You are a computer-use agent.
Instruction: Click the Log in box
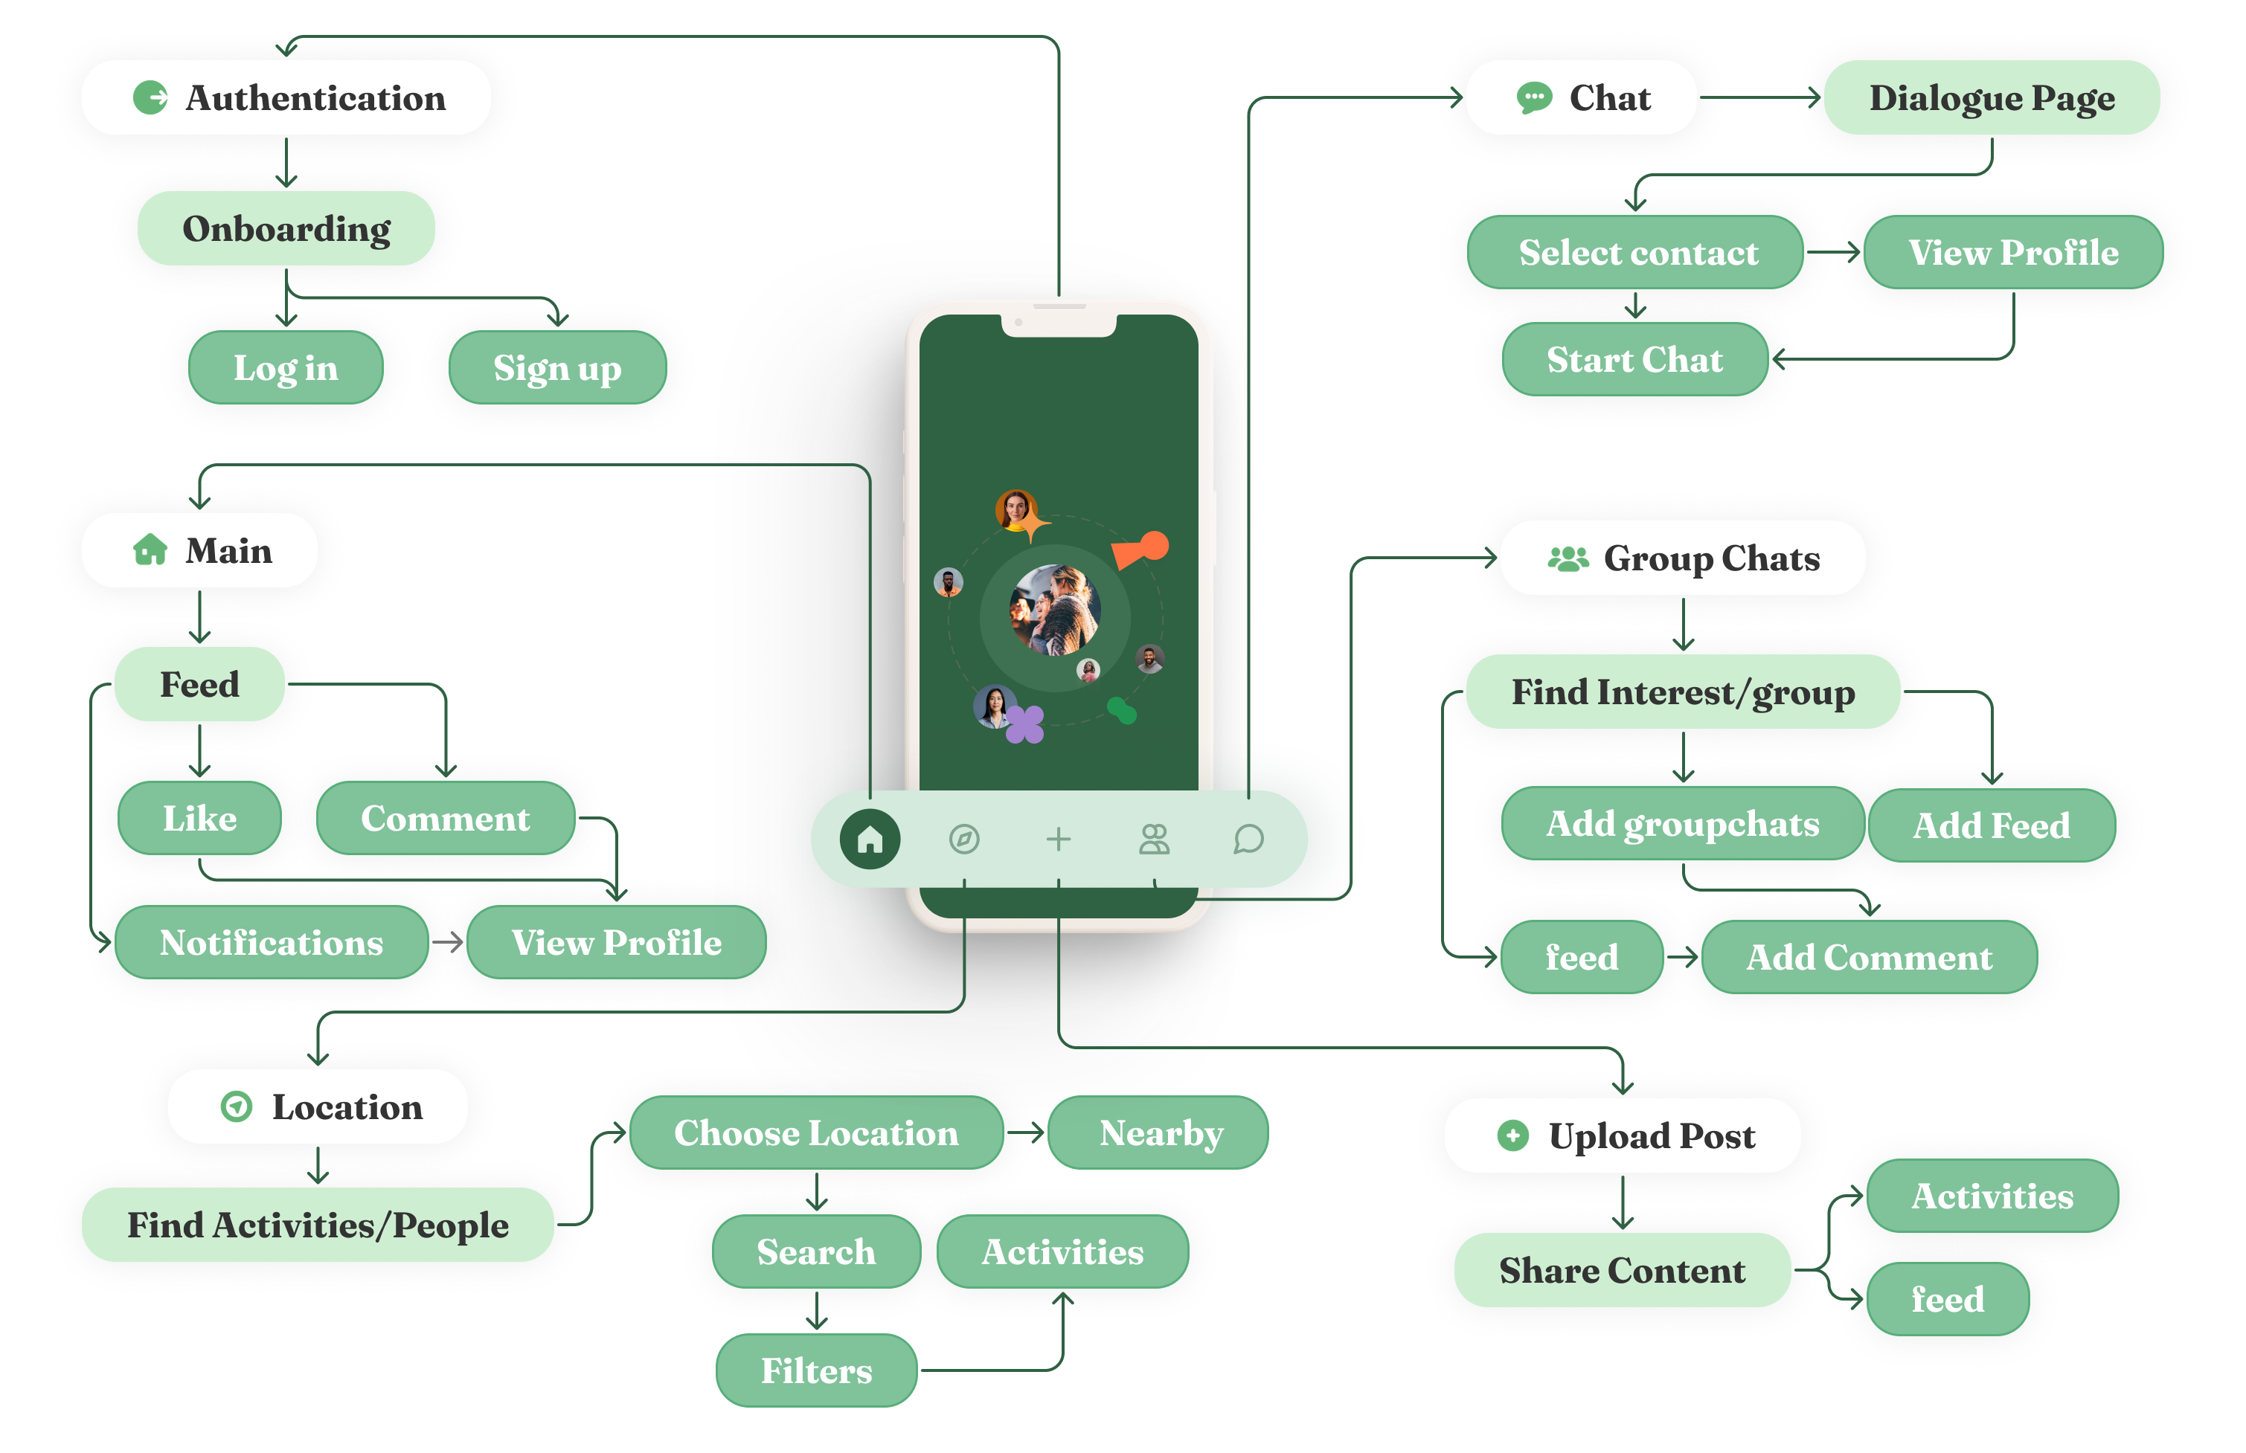point(285,368)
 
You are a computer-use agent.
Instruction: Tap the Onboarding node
point(286,228)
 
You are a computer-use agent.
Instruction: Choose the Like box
point(199,818)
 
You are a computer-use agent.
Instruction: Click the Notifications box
point(271,943)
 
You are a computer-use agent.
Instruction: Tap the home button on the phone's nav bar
point(869,839)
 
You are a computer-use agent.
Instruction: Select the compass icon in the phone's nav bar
point(963,839)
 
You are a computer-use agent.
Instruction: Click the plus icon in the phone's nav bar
point(1058,839)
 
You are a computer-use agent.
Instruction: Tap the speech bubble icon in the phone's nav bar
point(1248,839)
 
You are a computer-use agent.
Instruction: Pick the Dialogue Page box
point(1992,97)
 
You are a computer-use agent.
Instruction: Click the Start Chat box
point(1634,359)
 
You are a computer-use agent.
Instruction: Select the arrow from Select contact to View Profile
point(1832,252)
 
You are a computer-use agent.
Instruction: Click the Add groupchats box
point(1681,824)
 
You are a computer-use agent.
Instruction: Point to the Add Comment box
point(1869,957)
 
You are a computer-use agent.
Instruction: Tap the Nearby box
point(1160,1133)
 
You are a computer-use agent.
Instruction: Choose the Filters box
point(816,1370)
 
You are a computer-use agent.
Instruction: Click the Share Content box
point(1621,1270)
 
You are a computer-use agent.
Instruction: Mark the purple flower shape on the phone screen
point(1025,724)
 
